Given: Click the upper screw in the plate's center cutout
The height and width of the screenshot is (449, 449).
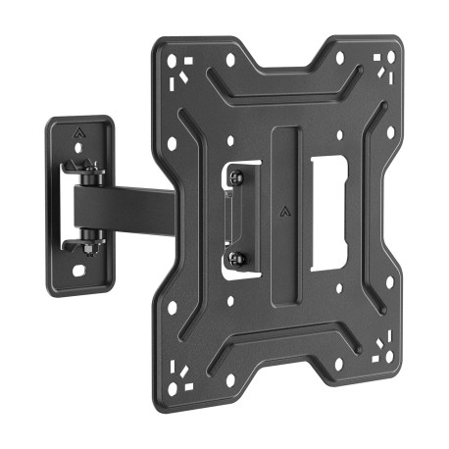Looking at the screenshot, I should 235,176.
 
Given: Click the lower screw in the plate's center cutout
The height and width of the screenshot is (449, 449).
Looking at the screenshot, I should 235,259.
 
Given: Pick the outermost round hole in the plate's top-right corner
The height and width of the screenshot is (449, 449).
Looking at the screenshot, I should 390,56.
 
